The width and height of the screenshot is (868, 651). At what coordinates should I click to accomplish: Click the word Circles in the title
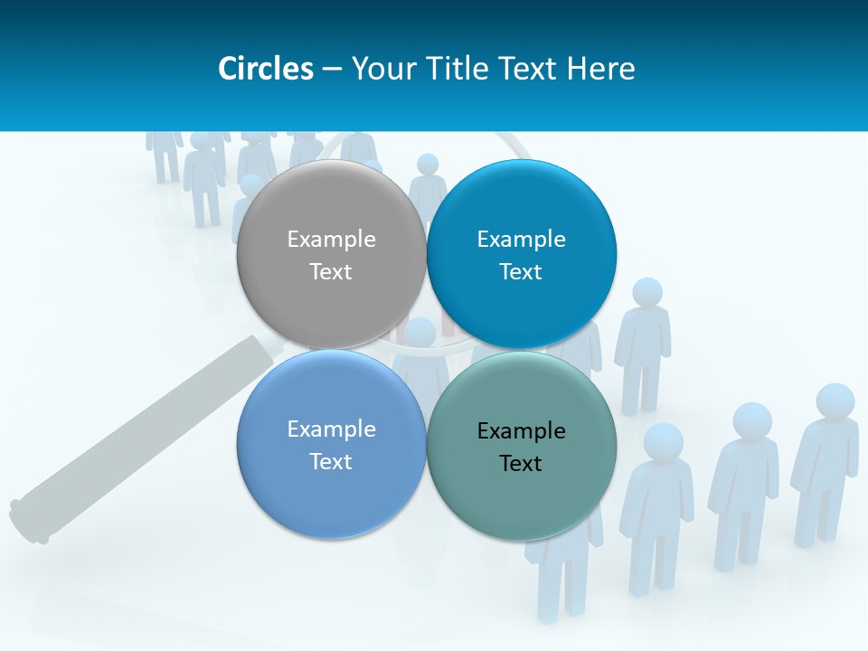coord(266,69)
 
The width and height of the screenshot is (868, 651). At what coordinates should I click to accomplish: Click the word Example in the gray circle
coord(331,240)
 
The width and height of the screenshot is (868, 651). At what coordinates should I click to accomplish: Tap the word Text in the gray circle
coord(331,272)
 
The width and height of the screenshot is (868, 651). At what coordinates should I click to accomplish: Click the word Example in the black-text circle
coord(522,431)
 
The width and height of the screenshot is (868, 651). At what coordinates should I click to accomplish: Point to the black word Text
coord(521,464)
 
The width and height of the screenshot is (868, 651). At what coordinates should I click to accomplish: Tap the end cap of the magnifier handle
coord(27,523)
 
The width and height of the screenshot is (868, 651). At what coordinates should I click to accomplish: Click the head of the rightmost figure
coord(835,401)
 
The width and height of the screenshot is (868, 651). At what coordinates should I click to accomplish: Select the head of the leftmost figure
coord(165,136)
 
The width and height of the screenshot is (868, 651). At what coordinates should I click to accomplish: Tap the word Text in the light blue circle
coord(331,462)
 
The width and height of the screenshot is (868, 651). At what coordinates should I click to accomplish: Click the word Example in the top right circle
coord(522,240)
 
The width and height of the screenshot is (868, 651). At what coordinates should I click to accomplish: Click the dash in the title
coord(332,69)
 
